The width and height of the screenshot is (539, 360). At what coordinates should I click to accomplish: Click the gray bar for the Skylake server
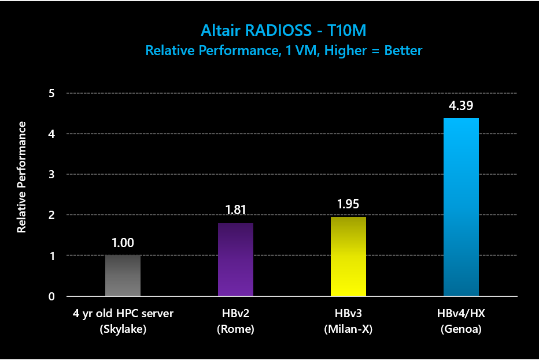tap(123, 275)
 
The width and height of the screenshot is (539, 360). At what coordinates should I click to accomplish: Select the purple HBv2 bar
tap(235, 259)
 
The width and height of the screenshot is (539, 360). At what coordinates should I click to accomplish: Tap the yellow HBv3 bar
tap(348, 256)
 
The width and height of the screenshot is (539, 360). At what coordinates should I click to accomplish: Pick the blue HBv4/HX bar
tap(461, 207)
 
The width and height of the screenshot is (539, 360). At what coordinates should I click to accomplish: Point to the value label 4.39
tap(461, 106)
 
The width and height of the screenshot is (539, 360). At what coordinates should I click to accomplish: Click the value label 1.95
tap(348, 205)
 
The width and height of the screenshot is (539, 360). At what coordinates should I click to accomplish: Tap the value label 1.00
tap(123, 243)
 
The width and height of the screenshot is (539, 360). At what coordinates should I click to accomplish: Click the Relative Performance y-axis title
tap(22, 177)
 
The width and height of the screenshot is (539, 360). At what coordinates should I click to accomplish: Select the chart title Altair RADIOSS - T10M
tap(283, 30)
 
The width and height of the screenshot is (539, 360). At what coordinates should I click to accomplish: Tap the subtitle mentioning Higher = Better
tap(283, 50)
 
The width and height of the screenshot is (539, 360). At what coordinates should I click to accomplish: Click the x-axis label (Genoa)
tap(461, 329)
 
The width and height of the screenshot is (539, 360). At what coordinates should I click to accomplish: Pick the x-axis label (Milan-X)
tap(348, 329)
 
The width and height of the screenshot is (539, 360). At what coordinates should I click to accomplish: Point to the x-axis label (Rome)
tap(235, 329)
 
